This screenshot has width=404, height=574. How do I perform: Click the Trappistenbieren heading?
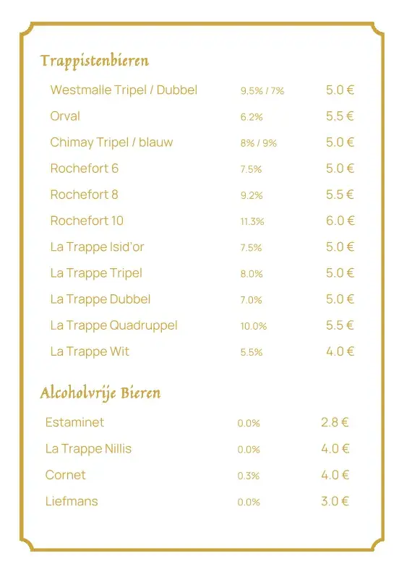pos(95,61)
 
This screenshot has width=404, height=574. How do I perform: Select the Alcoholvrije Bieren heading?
pos(100,393)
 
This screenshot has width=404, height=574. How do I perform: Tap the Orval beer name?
pos(65,116)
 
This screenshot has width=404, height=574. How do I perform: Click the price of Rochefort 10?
pos(340,220)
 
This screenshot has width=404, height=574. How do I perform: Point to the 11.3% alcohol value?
pos(252,222)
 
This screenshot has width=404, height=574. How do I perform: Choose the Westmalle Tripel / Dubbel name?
pos(124,90)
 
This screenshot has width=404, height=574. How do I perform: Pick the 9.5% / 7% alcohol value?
pos(262,91)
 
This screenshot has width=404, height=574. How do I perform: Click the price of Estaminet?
pos(335,422)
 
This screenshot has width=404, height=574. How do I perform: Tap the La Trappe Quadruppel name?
pos(113,325)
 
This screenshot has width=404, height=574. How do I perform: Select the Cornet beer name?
pos(65,475)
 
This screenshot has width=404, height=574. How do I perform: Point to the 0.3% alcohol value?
pos(249,476)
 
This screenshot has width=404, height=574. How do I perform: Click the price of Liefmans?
pos(335,501)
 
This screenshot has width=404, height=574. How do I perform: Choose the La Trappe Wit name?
pos(90,351)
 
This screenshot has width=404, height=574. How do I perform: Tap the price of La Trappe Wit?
pos(340,351)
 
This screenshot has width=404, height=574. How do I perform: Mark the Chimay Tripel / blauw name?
pos(111,142)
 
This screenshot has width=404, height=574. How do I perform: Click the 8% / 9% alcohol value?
pos(259,143)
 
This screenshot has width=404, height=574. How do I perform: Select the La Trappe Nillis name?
pos(88,449)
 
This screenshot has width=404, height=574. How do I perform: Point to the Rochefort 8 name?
pos(84,194)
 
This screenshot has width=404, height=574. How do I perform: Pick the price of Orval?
pos(340,116)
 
